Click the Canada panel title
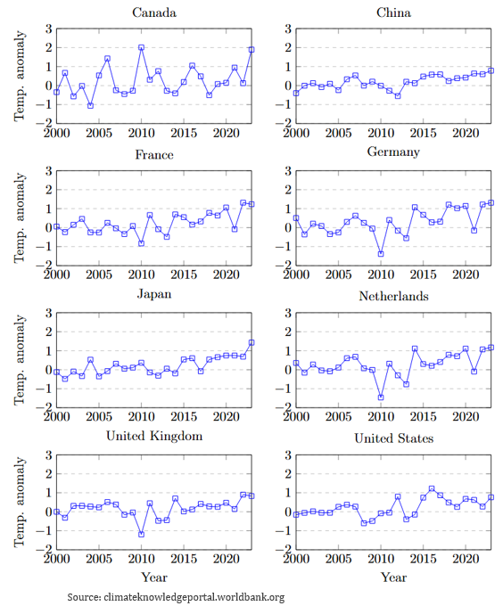[154, 12]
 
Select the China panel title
[393, 12]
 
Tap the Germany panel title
[393, 151]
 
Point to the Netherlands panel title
[393, 296]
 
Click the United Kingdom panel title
[154, 436]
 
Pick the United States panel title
[393, 438]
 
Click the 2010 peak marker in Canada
[142, 47]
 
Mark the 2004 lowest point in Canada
[90, 105]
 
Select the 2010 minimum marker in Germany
[381, 254]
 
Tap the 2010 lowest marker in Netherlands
[381, 397]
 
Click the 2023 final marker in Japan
[251, 342]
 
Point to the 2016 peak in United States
[432, 488]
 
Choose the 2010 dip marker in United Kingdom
[142, 534]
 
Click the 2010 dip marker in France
[142, 243]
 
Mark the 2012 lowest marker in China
[398, 96]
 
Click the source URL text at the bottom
[194, 597]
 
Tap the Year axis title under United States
[393, 577]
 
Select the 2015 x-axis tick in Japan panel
[184, 417]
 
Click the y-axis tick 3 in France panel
[49, 171]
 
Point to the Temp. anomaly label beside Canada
[20, 76]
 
